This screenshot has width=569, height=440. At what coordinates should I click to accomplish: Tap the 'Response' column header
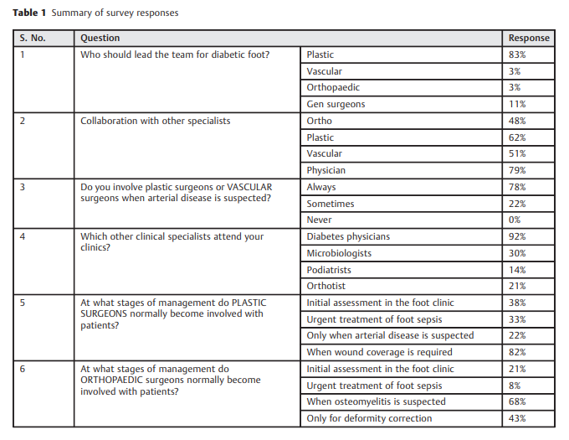coord(529,38)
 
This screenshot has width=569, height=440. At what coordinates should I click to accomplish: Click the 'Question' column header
coord(100,38)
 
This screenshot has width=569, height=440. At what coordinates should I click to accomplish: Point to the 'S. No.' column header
coord(34,38)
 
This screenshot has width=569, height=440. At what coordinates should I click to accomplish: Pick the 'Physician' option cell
coord(326,170)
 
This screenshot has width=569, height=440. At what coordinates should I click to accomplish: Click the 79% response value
coord(517,170)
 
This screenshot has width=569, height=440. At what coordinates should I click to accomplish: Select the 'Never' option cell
coord(320,220)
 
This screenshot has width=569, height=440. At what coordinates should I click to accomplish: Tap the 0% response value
coord(517,220)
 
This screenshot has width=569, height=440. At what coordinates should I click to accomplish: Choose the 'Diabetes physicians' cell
coord(348,236)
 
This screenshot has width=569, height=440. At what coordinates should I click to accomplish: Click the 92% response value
coord(517,236)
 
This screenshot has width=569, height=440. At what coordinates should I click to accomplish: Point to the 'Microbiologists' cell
coord(339,253)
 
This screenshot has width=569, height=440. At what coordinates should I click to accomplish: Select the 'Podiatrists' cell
coord(329,270)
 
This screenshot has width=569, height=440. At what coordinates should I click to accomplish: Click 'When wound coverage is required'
coord(379,352)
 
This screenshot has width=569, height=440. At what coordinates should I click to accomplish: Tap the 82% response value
coord(517,352)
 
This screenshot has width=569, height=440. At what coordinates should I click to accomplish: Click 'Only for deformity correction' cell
coord(369,418)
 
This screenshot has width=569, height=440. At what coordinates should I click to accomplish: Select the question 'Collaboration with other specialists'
coord(155,121)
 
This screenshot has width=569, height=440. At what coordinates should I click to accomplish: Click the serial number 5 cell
coord(23,303)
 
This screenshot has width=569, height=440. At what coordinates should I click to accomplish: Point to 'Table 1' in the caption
coord(29,13)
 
